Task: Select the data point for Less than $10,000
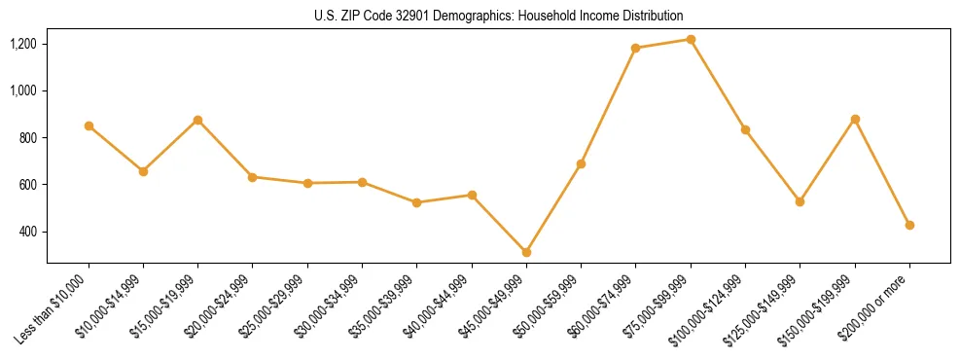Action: (x=89, y=126)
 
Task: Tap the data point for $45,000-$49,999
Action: (x=526, y=252)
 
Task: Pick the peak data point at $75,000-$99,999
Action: (x=691, y=39)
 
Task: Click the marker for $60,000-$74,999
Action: (x=635, y=48)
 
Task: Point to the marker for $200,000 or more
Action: (x=909, y=225)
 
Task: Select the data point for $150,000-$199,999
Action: (x=855, y=119)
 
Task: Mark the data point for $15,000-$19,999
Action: (x=197, y=120)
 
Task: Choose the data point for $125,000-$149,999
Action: (x=800, y=201)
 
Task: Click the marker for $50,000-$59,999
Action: (x=581, y=163)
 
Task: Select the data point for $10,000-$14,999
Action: (x=143, y=171)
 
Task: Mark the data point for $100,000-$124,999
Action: (x=745, y=129)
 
